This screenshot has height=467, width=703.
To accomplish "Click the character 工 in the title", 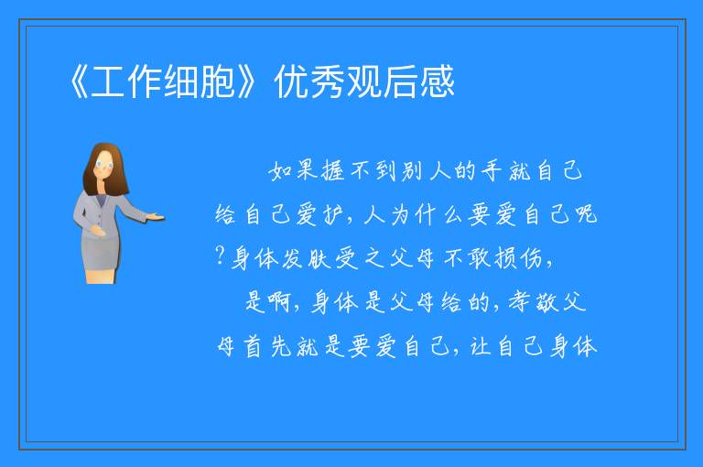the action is click(108, 81).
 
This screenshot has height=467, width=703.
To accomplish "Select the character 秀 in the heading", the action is click(329, 81).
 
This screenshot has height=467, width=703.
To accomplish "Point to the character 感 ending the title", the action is click(438, 81).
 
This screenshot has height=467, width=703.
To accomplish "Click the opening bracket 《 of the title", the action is click(79, 81).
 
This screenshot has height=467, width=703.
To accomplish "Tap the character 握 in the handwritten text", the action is click(334, 170).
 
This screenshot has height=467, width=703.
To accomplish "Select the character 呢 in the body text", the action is click(587, 213).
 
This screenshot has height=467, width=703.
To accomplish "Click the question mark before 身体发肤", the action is click(220, 255).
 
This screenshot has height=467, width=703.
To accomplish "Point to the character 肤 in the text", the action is click(320, 258).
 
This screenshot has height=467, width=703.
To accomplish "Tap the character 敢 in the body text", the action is click(480, 258).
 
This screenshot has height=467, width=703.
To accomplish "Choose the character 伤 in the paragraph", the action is click(532, 258).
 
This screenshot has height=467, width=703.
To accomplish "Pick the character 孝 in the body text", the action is click(520, 302).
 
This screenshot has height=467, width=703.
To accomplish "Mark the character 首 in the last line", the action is click(254, 346).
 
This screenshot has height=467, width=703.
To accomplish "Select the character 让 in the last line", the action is click(481, 346).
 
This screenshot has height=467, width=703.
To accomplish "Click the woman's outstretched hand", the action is click(155, 218).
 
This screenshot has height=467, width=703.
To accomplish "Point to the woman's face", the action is click(104, 166).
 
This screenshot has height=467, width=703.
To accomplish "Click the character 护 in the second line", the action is click(334, 213).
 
